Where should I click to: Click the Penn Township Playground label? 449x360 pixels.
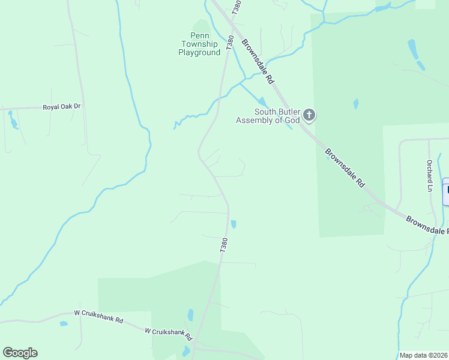tap(199, 44)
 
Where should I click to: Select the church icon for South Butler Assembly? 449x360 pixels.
tap(309, 114)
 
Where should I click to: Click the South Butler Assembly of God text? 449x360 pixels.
tap(268, 116)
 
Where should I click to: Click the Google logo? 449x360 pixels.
tap(20, 353)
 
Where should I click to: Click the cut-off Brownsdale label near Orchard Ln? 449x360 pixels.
tap(427, 225)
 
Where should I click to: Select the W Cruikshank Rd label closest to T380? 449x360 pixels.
tap(168, 332)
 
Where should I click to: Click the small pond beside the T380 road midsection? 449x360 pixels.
tap(234, 224)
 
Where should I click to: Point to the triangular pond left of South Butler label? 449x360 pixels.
tap(262, 101)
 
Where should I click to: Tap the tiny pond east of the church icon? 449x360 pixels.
tap(356, 104)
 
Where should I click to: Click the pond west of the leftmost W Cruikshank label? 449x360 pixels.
tap(64, 324)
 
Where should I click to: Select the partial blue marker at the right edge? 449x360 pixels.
tap(446, 192)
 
